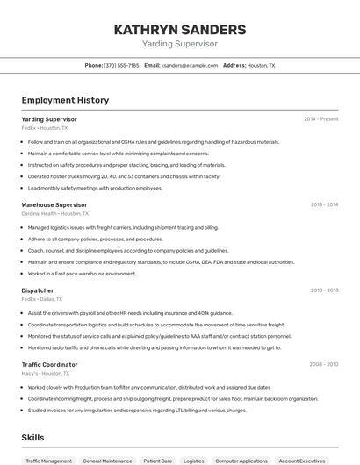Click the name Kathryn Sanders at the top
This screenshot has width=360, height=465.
coord(179,29)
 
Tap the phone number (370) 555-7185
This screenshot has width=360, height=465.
coord(121,65)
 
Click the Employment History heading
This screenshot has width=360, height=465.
coord(65,100)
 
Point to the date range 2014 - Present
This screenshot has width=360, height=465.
coord(320,119)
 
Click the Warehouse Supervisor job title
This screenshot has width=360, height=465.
coord(54,204)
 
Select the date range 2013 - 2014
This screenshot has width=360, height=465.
coord(324,204)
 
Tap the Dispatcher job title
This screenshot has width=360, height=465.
coord(37,290)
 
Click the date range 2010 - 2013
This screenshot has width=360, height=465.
coord(324,290)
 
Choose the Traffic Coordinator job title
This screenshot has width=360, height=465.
coord(49,364)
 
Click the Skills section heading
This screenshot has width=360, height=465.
coord(32,437)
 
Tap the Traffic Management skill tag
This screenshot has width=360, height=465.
coord(49,461)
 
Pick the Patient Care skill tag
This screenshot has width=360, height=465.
coord(158,461)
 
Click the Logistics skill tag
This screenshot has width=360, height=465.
coord(193,461)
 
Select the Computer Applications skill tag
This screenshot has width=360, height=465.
coord(241,461)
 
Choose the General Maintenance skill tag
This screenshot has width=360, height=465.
coord(108,461)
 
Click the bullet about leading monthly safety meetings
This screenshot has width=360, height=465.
coord(95,188)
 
